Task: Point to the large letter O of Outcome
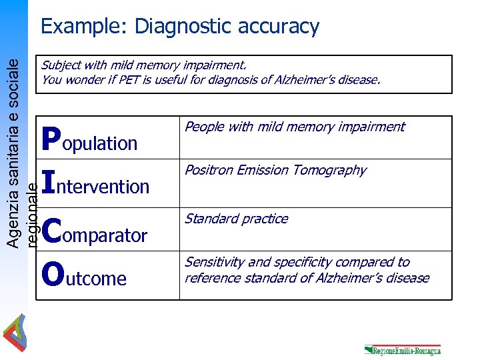point(52,273)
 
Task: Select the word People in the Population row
point(203,127)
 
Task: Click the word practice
point(265,219)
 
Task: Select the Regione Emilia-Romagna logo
point(402,349)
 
